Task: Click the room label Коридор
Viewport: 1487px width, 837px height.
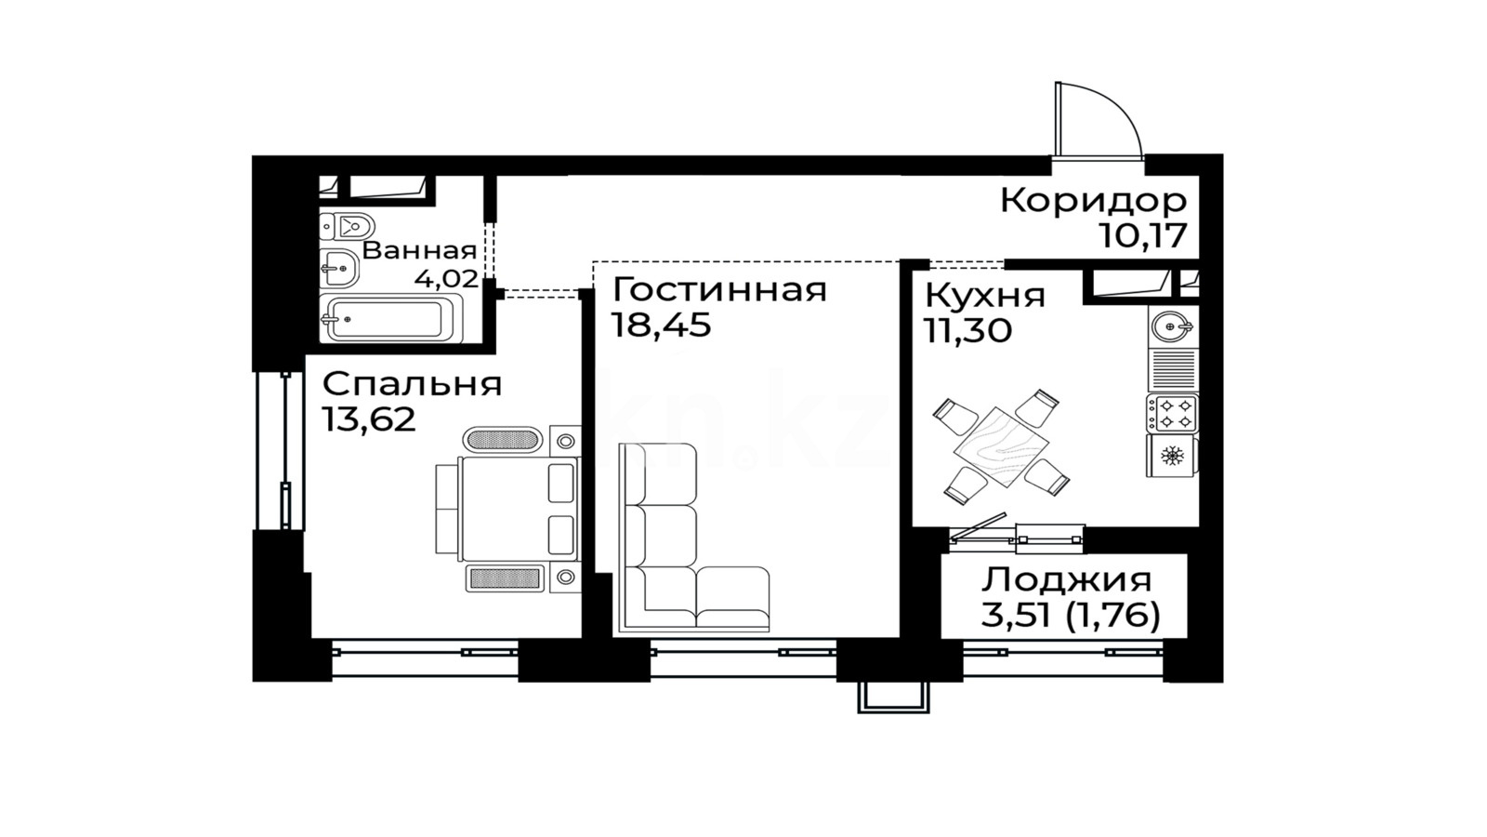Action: click(1093, 201)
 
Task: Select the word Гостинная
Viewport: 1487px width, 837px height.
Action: click(719, 289)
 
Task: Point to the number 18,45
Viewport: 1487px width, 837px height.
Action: click(661, 325)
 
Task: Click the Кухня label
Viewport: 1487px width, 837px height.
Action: click(985, 297)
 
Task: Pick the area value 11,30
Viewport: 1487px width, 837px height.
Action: click(968, 331)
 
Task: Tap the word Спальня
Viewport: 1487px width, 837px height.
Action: click(413, 385)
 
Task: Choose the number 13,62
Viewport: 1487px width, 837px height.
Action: click(369, 419)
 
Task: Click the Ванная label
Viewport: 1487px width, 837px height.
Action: click(419, 251)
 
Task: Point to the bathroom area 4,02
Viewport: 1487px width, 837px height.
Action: click(446, 278)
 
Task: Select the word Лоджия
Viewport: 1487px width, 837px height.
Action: click(1067, 580)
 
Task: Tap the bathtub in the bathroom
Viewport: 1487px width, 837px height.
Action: click(391, 319)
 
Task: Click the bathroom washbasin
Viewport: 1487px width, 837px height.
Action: click(339, 269)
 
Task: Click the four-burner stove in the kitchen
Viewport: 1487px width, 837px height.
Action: click(1172, 413)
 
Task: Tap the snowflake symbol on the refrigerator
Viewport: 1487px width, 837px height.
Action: click(1172, 456)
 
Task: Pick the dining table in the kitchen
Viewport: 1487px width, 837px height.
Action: click(1001, 447)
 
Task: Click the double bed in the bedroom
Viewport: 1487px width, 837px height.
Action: click(507, 508)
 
